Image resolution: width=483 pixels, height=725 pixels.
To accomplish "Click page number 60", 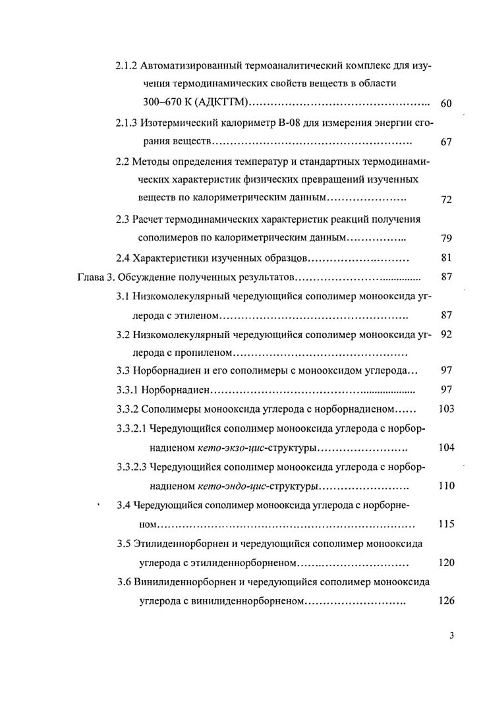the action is pyautogui.click(x=445, y=103).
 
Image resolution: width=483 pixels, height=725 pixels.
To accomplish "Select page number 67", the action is pyautogui.click(x=445, y=142).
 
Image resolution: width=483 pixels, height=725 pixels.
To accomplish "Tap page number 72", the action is pyautogui.click(x=445, y=200).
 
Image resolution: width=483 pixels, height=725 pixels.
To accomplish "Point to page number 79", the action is pyautogui.click(x=445, y=238).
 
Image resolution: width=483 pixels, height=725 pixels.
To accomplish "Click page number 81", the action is pyautogui.click(x=445, y=258).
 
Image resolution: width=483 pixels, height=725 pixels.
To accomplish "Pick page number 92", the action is pyautogui.click(x=445, y=334).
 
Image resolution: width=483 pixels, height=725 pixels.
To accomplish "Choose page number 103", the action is pyautogui.click(x=446, y=409).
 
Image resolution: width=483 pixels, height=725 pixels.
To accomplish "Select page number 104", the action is pyautogui.click(x=446, y=448).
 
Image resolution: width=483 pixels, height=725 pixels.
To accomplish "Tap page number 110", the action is pyautogui.click(x=446, y=486).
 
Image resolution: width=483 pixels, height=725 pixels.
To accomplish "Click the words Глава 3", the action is pyautogui.click(x=92, y=277).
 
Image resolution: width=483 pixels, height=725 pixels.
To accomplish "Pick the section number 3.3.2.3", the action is pyautogui.click(x=131, y=467).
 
